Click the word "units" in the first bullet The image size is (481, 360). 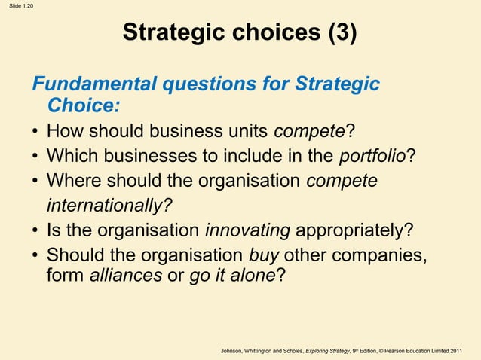pos(244,132)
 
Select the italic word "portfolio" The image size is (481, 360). pos(372,157)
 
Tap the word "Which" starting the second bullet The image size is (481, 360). pos(69,157)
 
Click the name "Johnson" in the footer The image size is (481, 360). pos(236,351)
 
